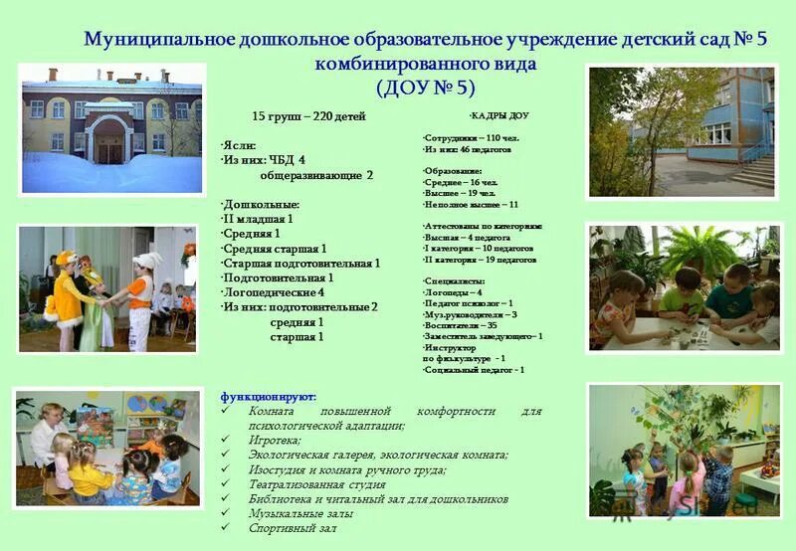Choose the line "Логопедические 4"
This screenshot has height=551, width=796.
[273, 292]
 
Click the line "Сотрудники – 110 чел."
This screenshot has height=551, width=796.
[471, 137]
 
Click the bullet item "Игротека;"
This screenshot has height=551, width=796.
[275, 440]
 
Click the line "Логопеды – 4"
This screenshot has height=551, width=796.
[453, 292]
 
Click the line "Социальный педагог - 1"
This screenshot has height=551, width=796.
[474, 370]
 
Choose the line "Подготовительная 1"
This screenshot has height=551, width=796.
[278, 277]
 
